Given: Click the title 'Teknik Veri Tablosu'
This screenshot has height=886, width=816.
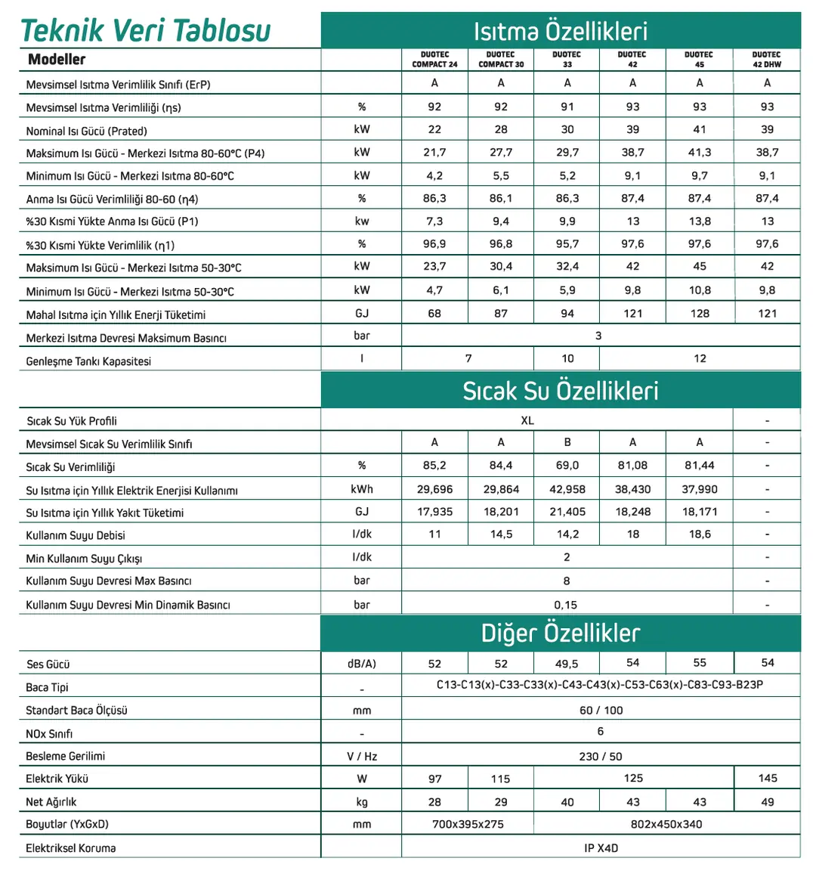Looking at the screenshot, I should (145, 30).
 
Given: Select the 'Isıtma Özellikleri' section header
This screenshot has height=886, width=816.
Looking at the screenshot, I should (560, 31).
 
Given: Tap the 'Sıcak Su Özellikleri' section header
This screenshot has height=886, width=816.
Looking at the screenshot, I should (560, 391).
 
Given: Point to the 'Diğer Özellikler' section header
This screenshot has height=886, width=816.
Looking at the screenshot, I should (560, 633).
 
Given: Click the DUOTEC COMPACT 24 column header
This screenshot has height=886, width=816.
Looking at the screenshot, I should (434, 60).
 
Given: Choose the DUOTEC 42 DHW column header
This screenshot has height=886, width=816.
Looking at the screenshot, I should (767, 60).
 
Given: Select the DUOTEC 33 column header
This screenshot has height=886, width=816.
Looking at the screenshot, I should (567, 60).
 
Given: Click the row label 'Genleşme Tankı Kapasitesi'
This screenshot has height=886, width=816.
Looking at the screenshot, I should (88, 361).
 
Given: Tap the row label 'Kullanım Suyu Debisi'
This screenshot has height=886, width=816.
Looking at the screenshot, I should (76, 535).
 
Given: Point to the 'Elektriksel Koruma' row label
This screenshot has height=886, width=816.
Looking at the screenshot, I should (71, 848).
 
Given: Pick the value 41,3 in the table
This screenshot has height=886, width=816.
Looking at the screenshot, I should (700, 153).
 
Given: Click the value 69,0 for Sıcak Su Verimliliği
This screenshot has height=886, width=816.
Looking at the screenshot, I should (567, 466).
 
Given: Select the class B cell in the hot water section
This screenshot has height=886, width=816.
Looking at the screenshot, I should (567, 442).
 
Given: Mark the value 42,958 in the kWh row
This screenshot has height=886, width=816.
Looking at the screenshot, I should (567, 489).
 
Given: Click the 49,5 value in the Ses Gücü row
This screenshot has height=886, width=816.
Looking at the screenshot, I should (567, 664).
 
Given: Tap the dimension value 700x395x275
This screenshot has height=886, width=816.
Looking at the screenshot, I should (468, 824).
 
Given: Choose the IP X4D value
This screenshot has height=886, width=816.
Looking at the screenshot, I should (601, 848).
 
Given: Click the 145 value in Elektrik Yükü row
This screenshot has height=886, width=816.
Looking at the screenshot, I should (768, 778).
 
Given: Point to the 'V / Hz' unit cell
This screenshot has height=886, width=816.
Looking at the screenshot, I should (362, 756).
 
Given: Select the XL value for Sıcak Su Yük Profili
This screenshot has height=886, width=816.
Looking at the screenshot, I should (527, 420).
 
